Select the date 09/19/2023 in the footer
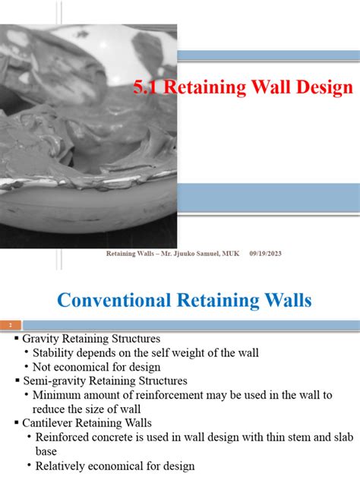pyautogui.click(x=265, y=254)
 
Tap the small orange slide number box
pyautogui.click(x=11, y=324)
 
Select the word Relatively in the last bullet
pyautogui.click(x=63, y=466)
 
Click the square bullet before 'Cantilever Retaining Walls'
pyautogui.click(x=16, y=423)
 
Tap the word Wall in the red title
pyautogui.click(x=261, y=87)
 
